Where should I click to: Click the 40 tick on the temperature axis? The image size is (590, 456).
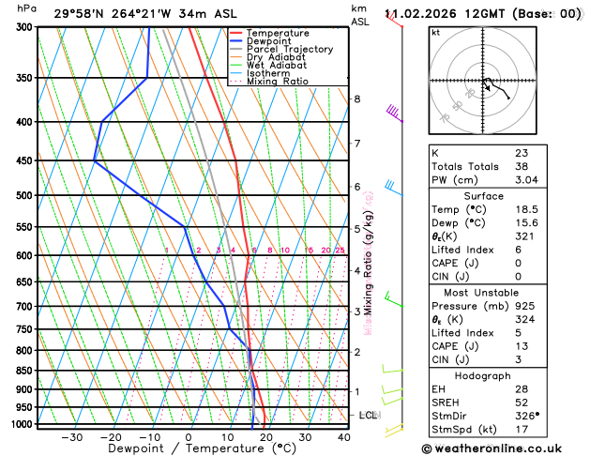tap(344, 436)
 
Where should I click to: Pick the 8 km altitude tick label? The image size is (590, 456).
tap(356, 99)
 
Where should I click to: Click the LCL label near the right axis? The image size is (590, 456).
tap(368, 415)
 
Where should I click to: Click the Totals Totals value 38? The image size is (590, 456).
tap(521, 166)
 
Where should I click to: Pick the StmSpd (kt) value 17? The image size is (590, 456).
tap(521, 429)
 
